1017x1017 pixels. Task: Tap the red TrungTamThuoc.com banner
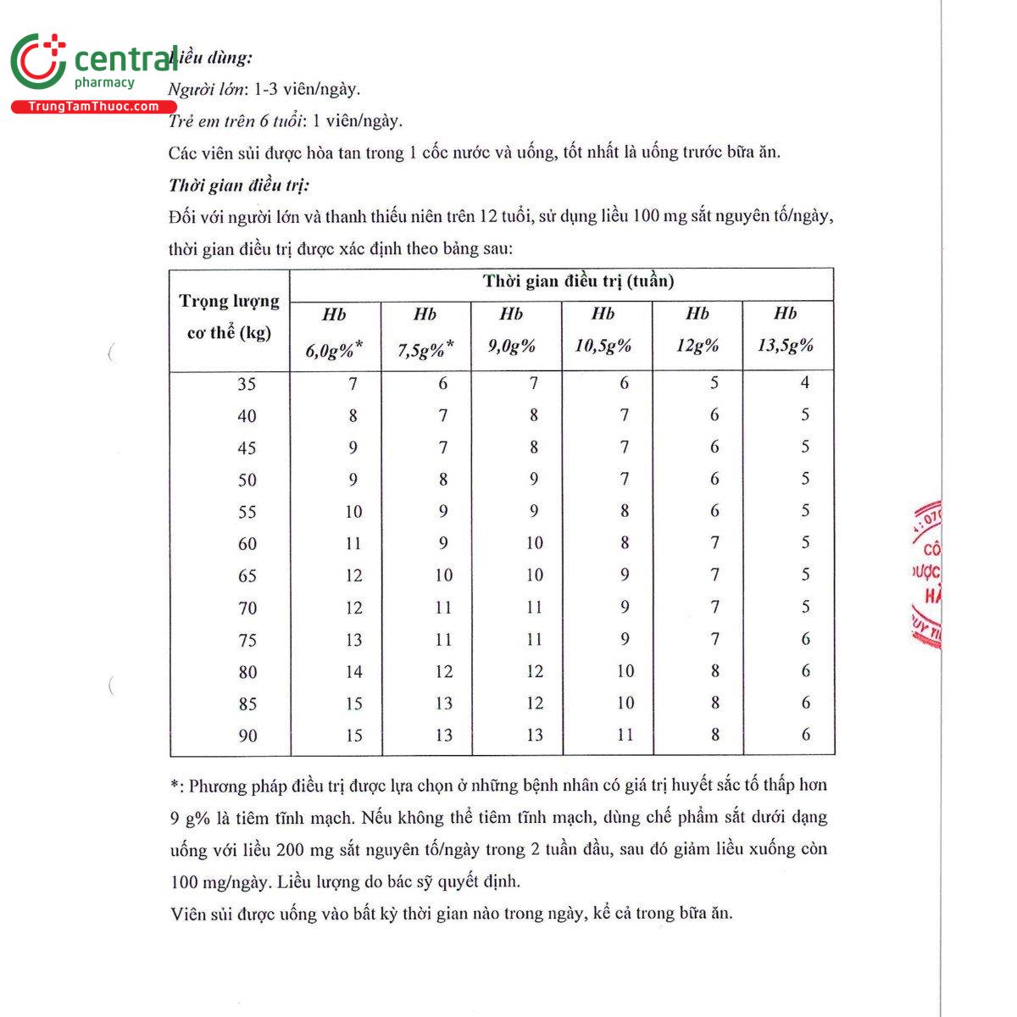[93, 107]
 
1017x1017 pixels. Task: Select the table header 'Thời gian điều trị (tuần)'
[578, 281]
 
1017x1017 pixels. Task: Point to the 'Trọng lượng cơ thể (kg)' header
[229, 317]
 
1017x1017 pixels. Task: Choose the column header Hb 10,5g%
[603, 330]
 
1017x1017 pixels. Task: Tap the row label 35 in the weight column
[247, 384]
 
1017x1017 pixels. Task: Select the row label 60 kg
[247, 544]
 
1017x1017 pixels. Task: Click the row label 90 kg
[247, 736]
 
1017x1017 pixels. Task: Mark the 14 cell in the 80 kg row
[353, 672]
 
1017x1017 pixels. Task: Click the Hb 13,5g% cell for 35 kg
[805, 383]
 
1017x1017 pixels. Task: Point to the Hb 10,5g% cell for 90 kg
[625, 735]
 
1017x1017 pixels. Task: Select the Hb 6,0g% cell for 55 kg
[353, 512]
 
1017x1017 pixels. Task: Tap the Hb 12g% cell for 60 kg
[715, 543]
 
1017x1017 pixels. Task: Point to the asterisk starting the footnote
[175, 786]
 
